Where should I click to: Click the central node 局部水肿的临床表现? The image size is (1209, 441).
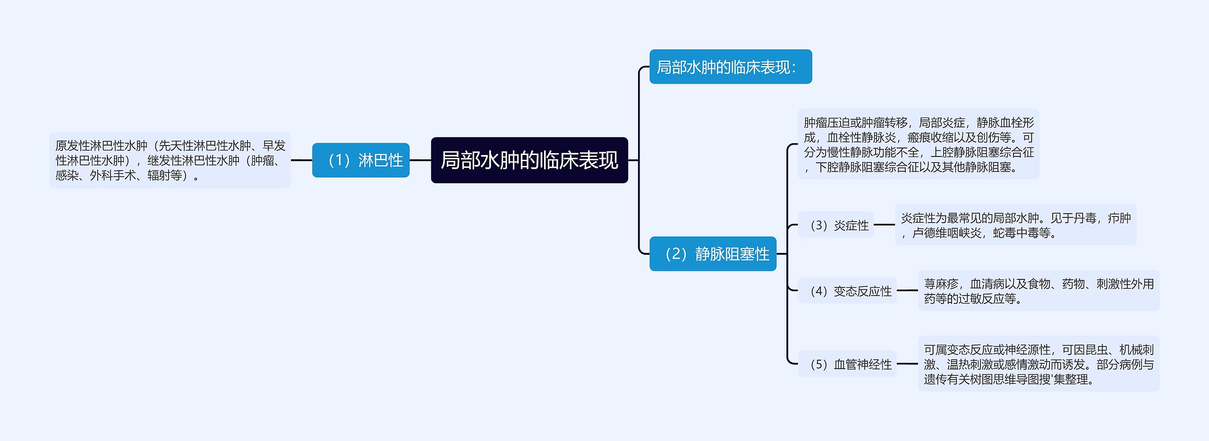(x=529, y=160)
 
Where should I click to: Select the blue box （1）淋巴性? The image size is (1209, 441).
(x=361, y=160)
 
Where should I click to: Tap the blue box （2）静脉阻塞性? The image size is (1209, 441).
(x=713, y=254)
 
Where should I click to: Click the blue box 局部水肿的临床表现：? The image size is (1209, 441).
(x=730, y=67)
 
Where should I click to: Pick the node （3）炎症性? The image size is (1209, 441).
(x=835, y=225)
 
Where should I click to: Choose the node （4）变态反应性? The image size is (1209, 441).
(x=847, y=291)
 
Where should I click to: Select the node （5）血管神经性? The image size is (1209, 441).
(x=847, y=364)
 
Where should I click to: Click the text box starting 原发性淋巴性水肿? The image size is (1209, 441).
(x=170, y=160)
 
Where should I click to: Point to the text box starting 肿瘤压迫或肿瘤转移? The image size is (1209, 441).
(x=918, y=144)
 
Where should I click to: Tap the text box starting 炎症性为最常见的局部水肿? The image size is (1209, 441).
(x=1015, y=225)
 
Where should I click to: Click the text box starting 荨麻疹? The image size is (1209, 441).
(x=1038, y=291)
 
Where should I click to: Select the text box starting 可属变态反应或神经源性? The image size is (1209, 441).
(x=1038, y=364)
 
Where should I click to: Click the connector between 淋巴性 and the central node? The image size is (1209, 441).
(x=420, y=160)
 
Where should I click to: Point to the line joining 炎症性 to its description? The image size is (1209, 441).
(x=884, y=225)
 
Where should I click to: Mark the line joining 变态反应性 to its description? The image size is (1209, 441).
(x=907, y=290)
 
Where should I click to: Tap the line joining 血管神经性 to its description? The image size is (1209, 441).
(x=907, y=364)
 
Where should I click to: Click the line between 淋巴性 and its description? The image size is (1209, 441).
(x=301, y=160)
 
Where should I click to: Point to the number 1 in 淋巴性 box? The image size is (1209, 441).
(x=339, y=161)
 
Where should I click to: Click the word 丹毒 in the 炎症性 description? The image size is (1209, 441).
(x=1084, y=218)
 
